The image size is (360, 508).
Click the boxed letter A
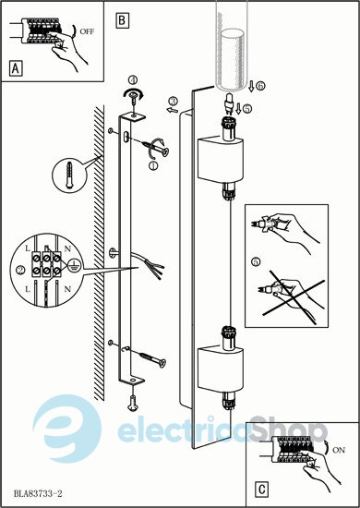click(16, 68)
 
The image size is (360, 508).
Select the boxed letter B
click(123, 20)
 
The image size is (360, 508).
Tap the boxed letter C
click(262, 489)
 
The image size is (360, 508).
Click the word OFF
click(87, 32)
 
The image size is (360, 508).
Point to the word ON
click(339, 450)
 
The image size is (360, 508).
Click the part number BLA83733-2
click(38, 493)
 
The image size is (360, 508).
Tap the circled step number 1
click(153, 165)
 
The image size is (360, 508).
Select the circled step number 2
click(20, 270)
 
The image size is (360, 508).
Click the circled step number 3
click(174, 102)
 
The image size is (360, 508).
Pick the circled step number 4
click(133, 79)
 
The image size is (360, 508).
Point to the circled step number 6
click(260, 86)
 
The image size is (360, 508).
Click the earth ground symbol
click(73, 264)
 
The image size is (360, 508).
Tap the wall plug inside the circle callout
click(69, 175)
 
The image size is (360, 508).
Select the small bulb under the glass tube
click(229, 103)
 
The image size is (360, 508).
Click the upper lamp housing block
click(219, 160)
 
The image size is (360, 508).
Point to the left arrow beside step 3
click(173, 111)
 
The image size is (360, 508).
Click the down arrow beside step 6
click(252, 87)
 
